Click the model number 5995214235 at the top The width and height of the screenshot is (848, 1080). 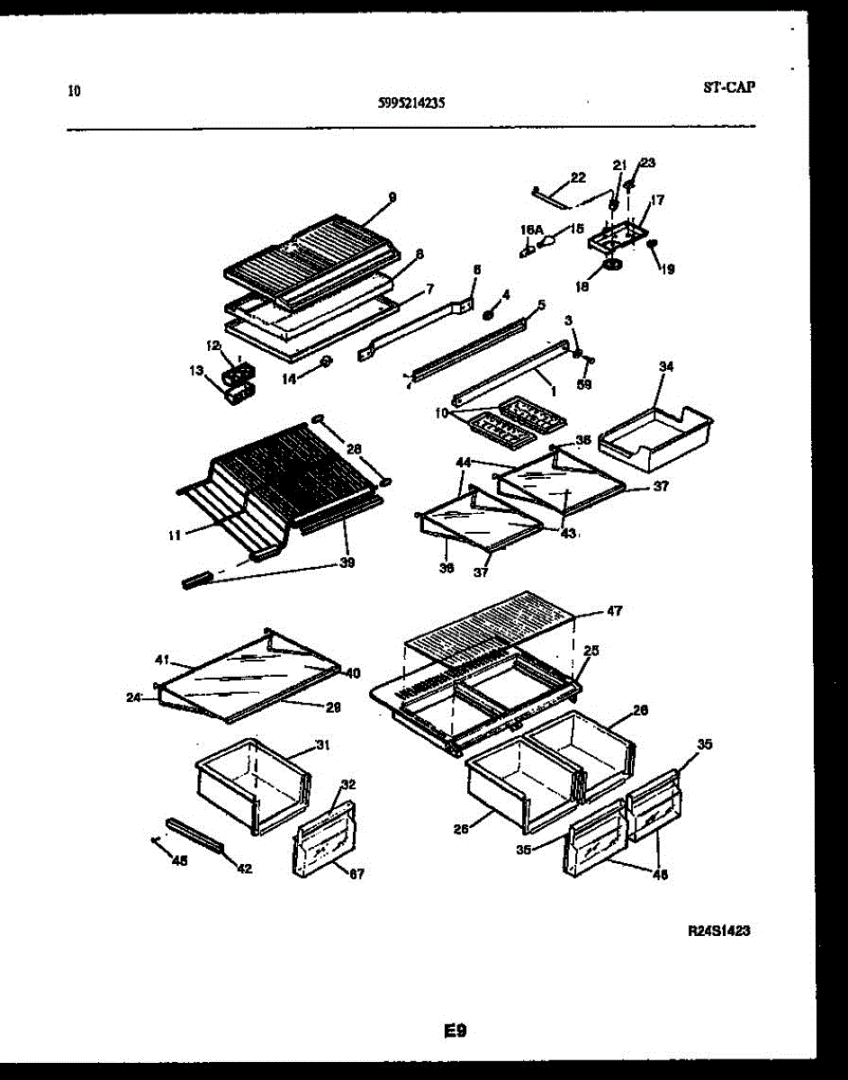410,103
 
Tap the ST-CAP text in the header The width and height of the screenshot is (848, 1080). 727,87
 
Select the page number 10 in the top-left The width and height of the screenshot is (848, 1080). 74,90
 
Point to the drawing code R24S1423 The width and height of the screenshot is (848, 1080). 718,932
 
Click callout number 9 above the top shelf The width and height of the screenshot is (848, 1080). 392,196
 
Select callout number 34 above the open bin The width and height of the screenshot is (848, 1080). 665,366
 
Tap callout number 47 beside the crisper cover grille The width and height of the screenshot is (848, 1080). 614,611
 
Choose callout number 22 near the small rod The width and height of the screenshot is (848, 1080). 577,177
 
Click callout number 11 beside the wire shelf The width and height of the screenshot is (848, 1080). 174,535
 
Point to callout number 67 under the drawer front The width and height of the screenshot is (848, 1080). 356,872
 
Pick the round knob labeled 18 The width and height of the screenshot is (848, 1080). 614,265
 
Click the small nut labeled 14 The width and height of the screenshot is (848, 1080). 326,362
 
